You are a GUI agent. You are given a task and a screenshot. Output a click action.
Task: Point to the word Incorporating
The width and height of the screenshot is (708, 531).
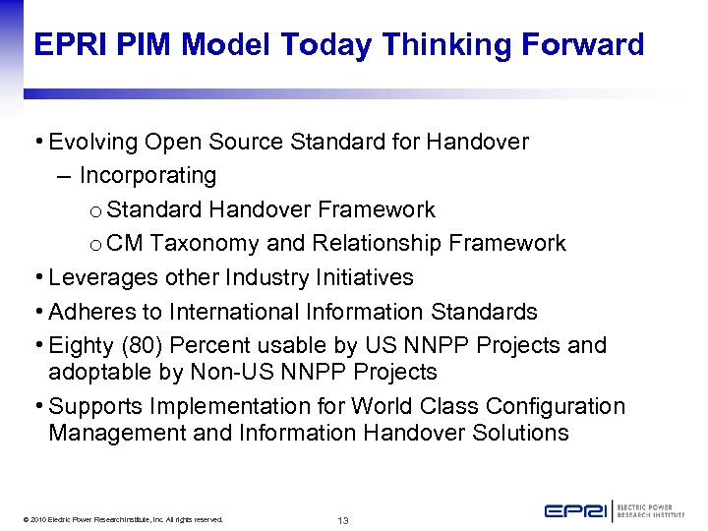coord(147,176)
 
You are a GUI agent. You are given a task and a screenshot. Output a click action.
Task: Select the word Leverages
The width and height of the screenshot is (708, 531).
coord(96,277)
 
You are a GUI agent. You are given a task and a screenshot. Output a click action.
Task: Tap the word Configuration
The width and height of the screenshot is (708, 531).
coord(558,406)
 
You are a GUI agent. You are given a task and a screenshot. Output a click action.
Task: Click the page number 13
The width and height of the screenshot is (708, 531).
coord(343,519)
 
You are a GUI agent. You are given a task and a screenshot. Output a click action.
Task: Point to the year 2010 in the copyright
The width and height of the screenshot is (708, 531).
coord(39,519)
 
